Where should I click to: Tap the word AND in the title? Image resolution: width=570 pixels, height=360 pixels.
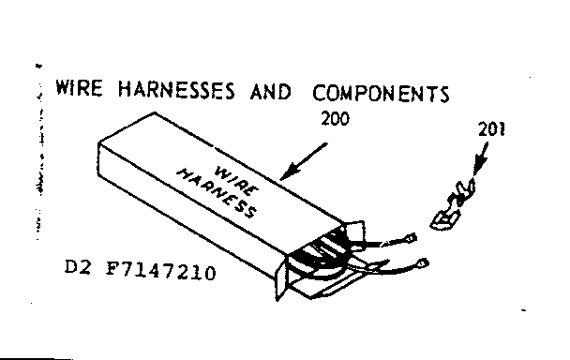tap(270, 93)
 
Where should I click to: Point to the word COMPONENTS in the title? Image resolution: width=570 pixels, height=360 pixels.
tap(381, 94)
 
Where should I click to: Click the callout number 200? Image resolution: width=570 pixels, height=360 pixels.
tap(333, 121)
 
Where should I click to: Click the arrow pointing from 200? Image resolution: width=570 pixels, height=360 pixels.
tap(306, 161)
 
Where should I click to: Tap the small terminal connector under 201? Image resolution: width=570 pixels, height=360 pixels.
tap(448, 207)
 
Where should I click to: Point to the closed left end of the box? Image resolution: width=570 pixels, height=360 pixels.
tap(104, 156)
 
